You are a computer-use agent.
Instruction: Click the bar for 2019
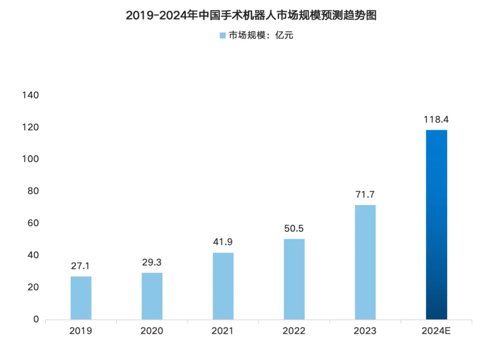(81, 298)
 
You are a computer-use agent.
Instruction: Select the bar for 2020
(152, 296)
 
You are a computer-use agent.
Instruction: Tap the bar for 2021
(223, 286)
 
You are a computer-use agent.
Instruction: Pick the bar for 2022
(294, 279)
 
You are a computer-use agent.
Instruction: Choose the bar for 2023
(365, 262)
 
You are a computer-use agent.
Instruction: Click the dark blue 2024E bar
(436, 224)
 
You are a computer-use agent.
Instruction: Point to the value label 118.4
(436, 120)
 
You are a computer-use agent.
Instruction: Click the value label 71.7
(365, 195)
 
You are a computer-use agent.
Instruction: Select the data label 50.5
(294, 229)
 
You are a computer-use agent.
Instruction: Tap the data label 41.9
(223, 242)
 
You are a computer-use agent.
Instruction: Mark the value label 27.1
(81, 266)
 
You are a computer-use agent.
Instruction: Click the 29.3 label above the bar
(152, 263)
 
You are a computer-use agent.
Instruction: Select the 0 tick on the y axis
(36, 319)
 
